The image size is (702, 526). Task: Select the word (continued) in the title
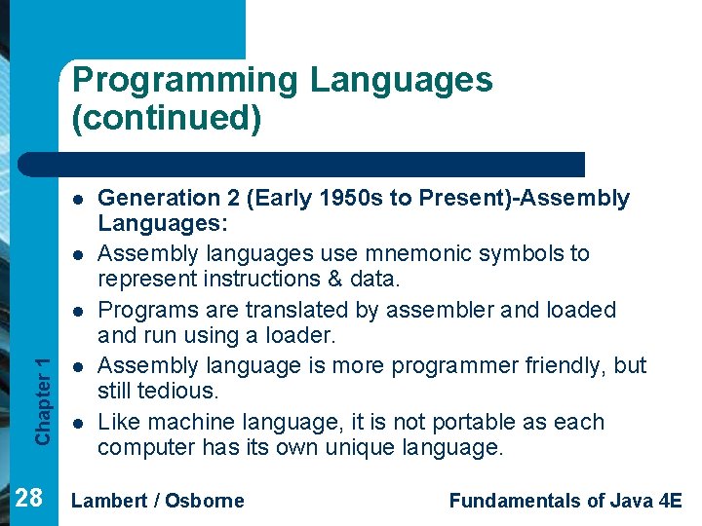coord(166,118)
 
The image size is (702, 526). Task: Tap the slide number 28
coord(29,499)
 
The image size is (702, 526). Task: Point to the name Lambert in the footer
coord(110,501)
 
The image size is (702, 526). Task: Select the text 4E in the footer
coord(670,501)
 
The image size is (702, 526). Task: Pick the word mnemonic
coord(376,254)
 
